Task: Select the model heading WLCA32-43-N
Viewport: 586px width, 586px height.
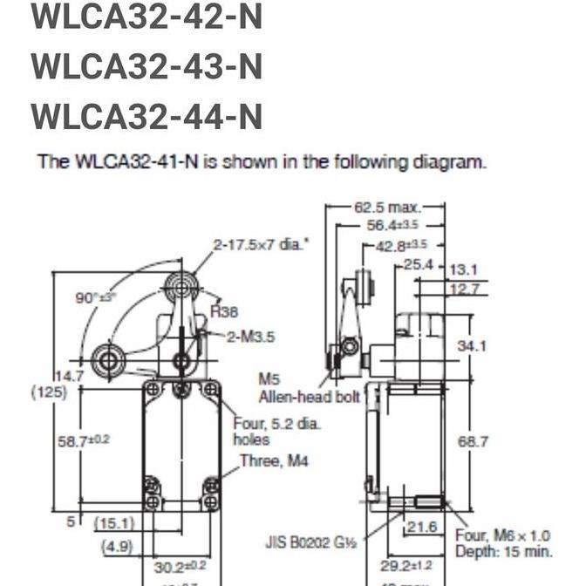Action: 146,66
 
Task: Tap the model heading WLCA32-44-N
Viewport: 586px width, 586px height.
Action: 146,116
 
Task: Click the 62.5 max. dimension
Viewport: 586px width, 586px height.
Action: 386,208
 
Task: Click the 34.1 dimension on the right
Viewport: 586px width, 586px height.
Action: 473,346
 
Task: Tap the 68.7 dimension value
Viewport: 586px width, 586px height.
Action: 473,442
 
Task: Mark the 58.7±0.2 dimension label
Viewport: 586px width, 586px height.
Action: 83,440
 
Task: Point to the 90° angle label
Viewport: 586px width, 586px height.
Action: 91,297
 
